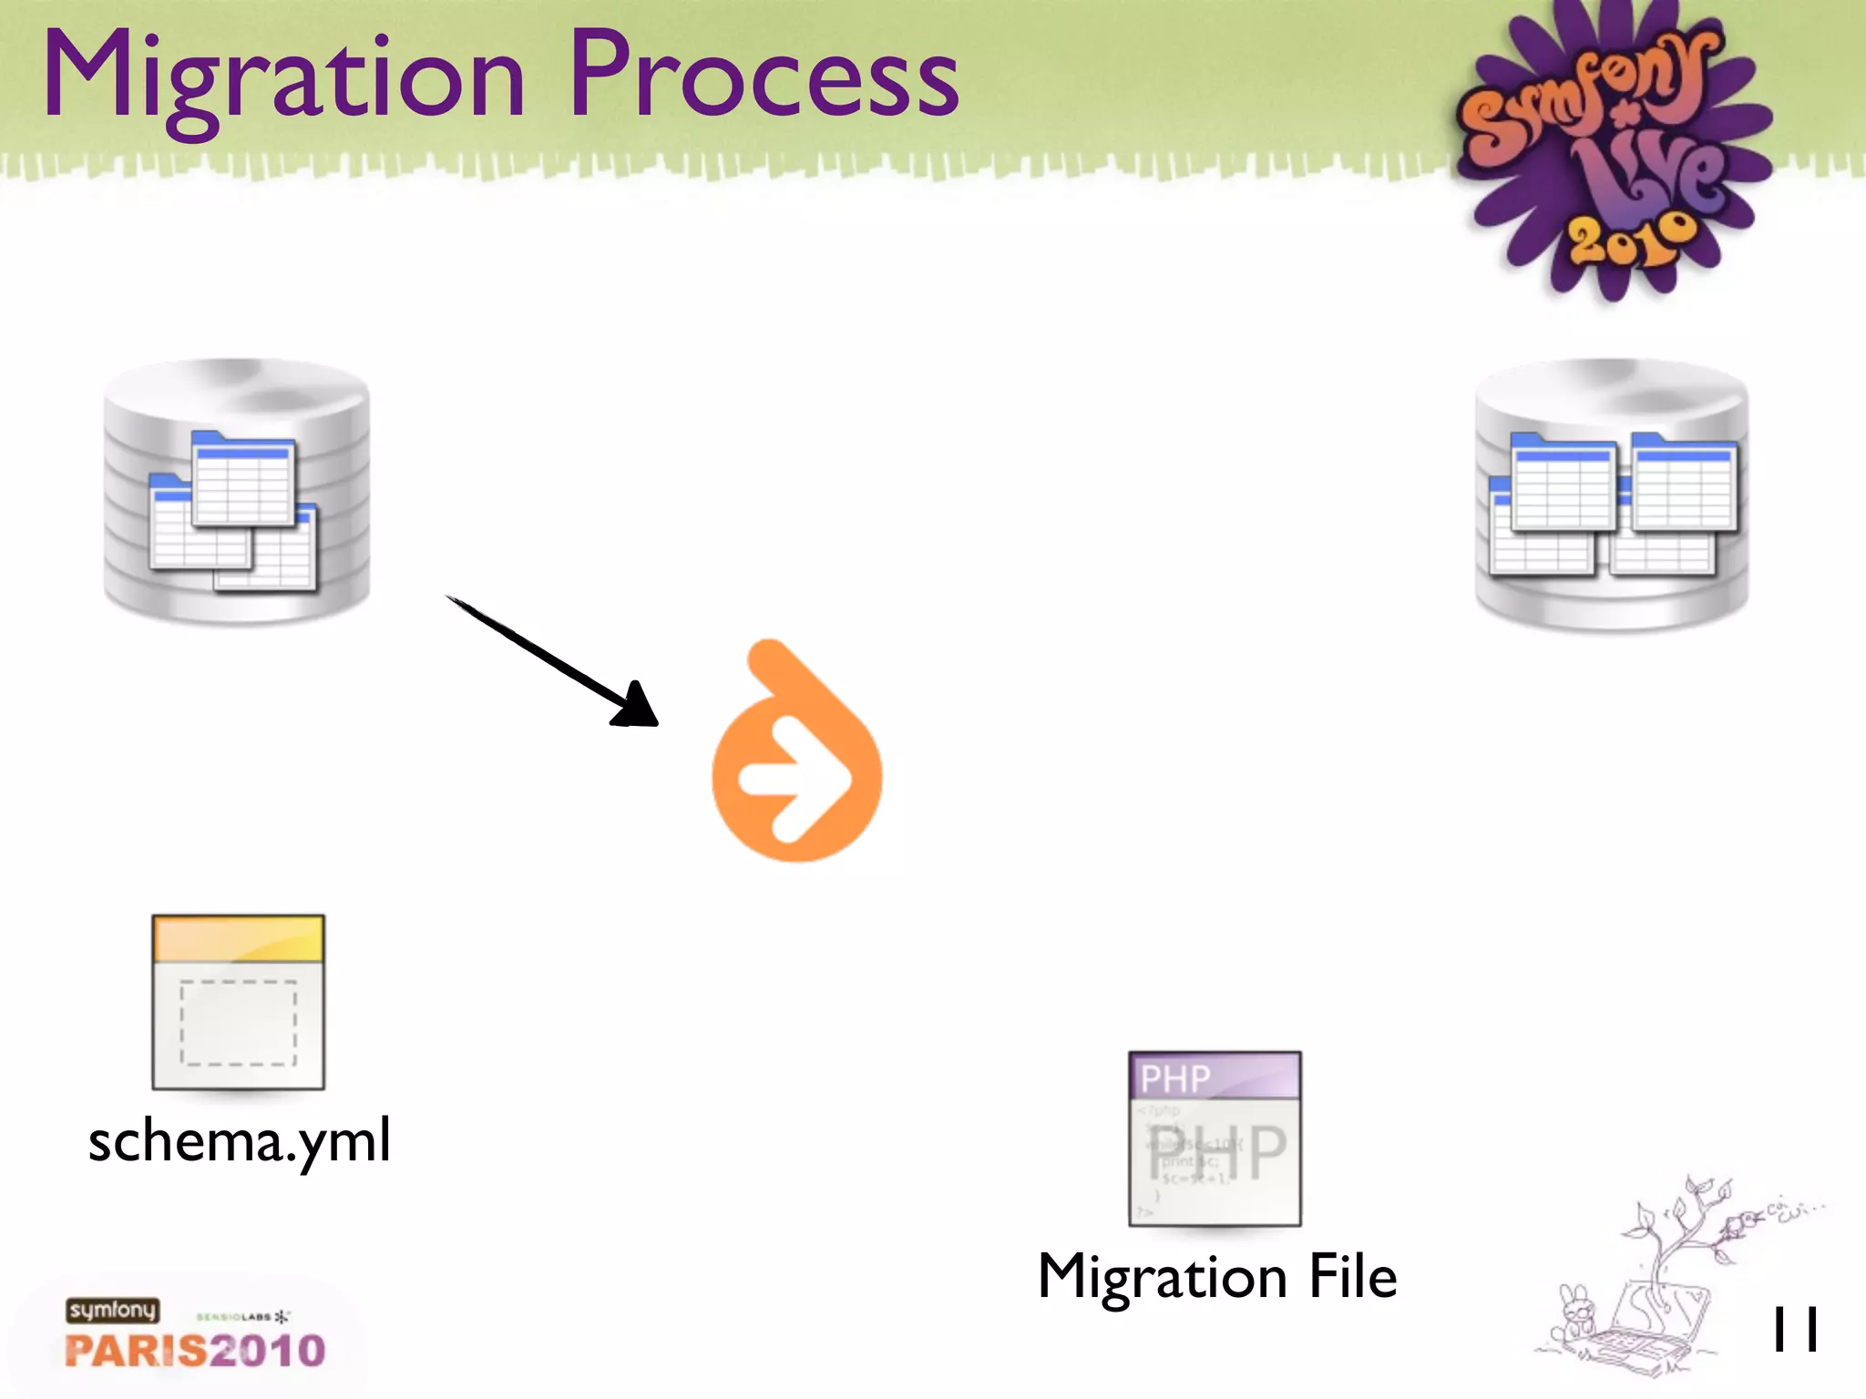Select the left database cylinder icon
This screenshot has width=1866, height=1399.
tap(237, 492)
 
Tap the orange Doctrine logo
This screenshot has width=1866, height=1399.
tap(796, 756)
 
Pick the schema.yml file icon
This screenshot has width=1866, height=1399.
tap(238, 1002)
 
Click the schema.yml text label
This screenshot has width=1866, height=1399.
tap(240, 1140)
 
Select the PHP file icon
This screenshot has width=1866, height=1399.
tap(1215, 1139)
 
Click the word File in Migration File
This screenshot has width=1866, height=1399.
tap(1352, 1276)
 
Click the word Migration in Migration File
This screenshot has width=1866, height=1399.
tap(1162, 1276)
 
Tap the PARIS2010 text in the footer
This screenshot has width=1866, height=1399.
tap(195, 1350)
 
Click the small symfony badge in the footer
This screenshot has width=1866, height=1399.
tap(112, 1310)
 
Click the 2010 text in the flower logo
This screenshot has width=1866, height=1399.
tap(1631, 239)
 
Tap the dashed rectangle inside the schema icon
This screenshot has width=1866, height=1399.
tap(238, 1022)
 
